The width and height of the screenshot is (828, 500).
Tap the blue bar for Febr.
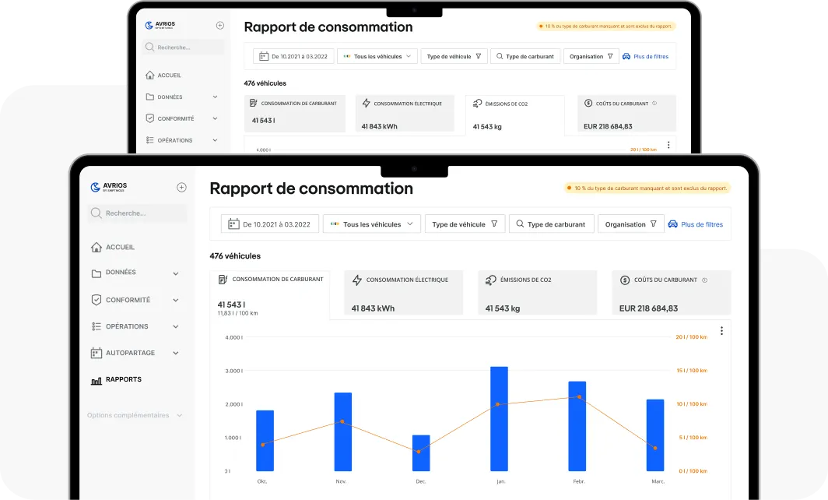(x=577, y=426)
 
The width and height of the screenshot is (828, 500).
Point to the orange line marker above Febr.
(x=579, y=397)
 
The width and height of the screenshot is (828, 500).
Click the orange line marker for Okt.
(x=263, y=445)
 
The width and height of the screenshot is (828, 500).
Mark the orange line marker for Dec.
(x=419, y=452)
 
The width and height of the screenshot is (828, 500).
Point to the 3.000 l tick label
(x=233, y=371)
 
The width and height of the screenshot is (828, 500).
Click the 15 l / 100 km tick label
(x=691, y=371)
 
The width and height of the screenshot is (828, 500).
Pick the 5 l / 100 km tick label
(x=692, y=438)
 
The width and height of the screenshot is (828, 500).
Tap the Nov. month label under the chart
(x=340, y=481)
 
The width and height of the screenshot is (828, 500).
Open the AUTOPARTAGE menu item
(x=130, y=353)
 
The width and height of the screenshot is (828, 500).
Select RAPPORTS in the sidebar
(x=123, y=379)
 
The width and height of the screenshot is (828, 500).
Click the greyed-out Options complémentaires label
(x=128, y=415)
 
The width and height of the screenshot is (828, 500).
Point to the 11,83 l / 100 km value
(x=237, y=313)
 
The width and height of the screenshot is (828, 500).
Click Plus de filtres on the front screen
(x=701, y=224)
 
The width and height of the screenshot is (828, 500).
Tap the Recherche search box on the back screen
(x=184, y=48)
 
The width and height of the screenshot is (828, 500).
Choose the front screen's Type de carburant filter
(x=552, y=224)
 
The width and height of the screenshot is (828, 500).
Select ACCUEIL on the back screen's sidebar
(x=169, y=76)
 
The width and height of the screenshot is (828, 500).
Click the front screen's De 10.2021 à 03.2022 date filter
(x=269, y=224)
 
